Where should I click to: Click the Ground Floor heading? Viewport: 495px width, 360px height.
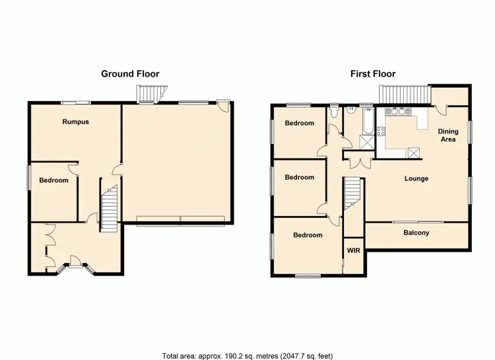pos(130,74)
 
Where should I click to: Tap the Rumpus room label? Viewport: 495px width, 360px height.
pos(76,122)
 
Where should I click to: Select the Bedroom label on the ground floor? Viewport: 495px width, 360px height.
pos(53,180)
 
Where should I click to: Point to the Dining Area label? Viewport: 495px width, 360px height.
pos(448,135)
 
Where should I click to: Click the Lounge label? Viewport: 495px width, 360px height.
pos(416,178)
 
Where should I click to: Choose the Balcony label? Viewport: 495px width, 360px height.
pos(416,233)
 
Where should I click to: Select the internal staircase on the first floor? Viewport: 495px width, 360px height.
pos(352,196)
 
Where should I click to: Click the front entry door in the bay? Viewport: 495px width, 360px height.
pos(75,265)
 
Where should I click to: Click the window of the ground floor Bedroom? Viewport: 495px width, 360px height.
pos(28,178)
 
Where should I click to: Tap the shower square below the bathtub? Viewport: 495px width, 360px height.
pos(366,141)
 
